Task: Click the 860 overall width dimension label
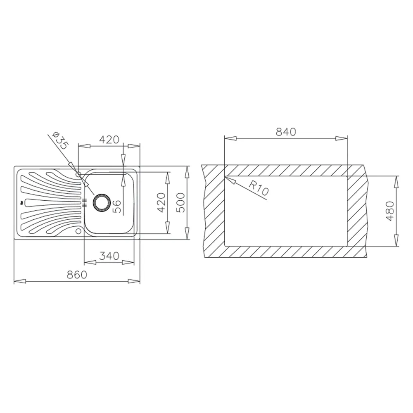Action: tap(77, 275)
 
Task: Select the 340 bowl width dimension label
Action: tap(109, 256)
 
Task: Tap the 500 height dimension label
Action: tap(181, 202)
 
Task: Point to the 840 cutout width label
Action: tap(286, 132)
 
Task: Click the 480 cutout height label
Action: tap(390, 211)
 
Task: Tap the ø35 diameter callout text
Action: tap(61, 141)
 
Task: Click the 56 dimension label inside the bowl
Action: tap(116, 206)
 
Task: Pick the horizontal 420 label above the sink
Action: tap(109, 139)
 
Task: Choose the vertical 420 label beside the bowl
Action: tap(161, 202)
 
